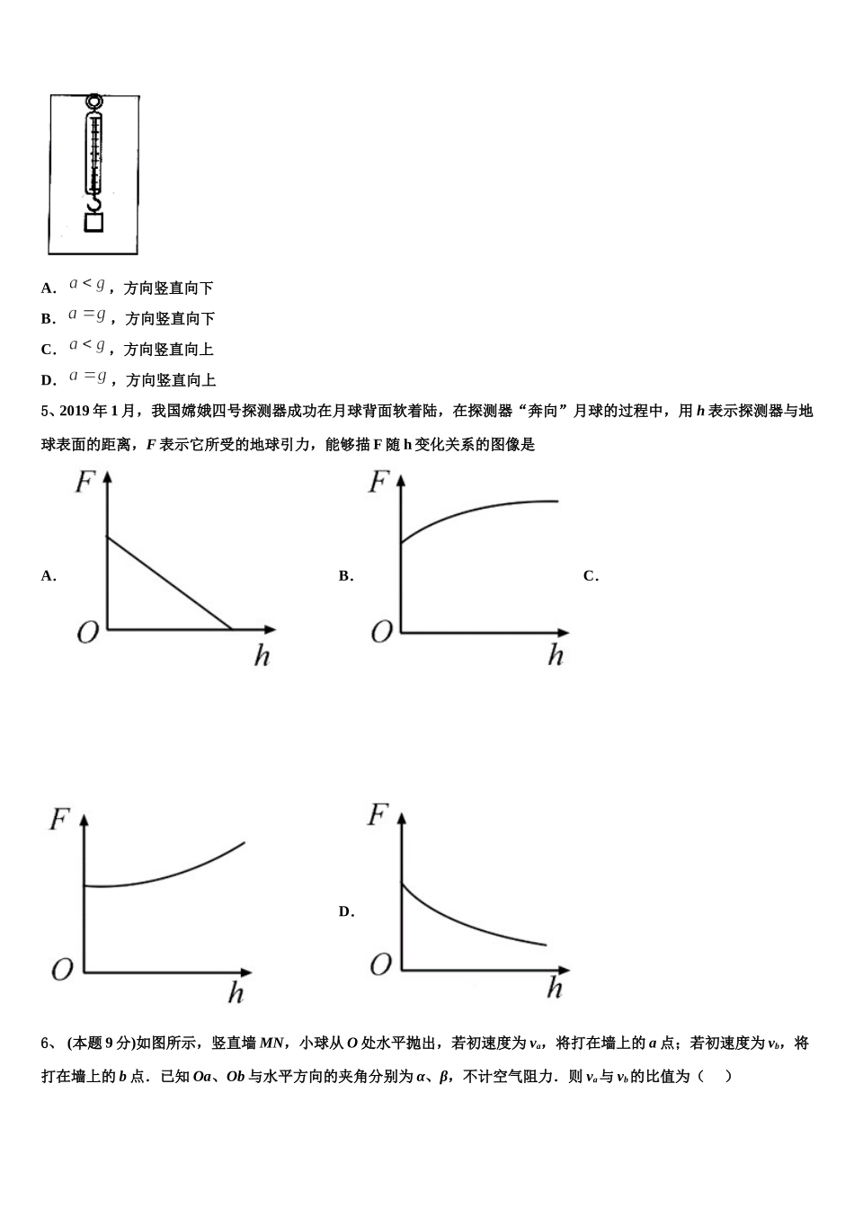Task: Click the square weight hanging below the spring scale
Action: [x=93, y=222]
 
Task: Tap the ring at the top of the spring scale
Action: [x=93, y=102]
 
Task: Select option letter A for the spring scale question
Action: [x=48, y=289]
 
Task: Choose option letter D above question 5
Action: [x=48, y=380]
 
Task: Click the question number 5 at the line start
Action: [x=45, y=412]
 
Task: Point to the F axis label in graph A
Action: [x=85, y=484]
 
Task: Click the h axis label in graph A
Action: [x=262, y=656]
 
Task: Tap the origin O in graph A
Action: [x=87, y=634]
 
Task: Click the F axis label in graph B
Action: [x=378, y=484]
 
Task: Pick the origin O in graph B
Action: [x=381, y=633]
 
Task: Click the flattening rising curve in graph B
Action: [x=476, y=511]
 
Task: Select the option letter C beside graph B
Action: [x=590, y=576]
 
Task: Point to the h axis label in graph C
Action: [x=236, y=993]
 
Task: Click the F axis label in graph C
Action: [x=59, y=820]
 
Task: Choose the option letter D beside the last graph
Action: [x=345, y=912]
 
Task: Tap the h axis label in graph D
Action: [x=555, y=990]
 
